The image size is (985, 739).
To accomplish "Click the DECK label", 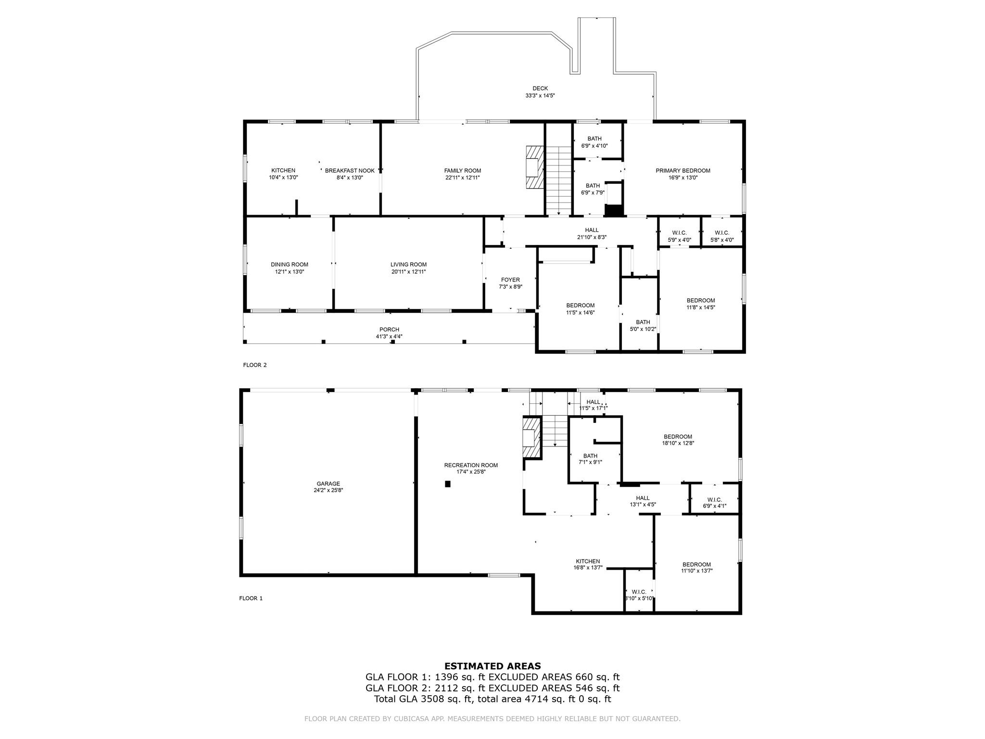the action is click(540, 89).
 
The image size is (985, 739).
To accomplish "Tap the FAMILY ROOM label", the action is click(463, 171).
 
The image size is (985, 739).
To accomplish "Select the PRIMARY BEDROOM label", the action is click(683, 171).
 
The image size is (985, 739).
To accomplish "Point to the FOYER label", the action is click(510, 280).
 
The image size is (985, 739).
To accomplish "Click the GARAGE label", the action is click(328, 484).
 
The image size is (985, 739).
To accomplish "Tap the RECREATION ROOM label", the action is click(471, 465).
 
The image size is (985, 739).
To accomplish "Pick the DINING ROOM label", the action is click(290, 265).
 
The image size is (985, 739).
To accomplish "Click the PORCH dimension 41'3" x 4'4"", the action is click(389, 337).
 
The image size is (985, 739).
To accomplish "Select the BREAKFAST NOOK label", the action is click(350, 171).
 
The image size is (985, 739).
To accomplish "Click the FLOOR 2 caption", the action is click(255, 365).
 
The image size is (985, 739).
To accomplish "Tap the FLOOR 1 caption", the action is click(251, 599).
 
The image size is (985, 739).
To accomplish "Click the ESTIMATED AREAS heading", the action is click(492, 666).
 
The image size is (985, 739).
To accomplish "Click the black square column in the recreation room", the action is click(448, 484).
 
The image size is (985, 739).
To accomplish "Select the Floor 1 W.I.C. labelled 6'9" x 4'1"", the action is click(715, 503).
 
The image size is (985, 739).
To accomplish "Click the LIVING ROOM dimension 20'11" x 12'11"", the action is click(408, 272).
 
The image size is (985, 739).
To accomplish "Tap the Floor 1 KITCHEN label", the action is click(588, 561).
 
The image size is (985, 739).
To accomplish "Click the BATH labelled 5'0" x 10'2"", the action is click(643, 326).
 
